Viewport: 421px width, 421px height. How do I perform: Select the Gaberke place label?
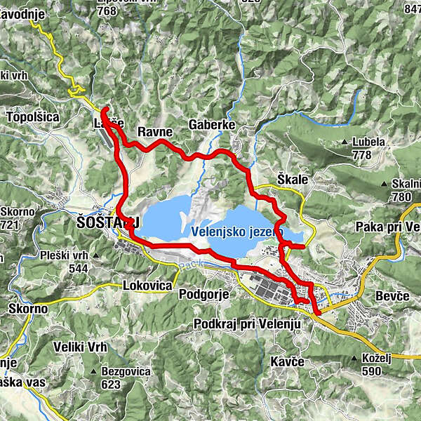(x=210, y=125)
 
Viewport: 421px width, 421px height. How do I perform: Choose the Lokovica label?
(x=147, y=286)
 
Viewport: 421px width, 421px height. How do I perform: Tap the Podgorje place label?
(x=204, y=294)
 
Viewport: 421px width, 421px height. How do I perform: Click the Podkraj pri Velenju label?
(x=246, y=323)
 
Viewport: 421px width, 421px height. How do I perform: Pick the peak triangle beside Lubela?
(x=345, y=142)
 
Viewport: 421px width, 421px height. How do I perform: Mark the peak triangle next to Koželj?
(x=356, y=359)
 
